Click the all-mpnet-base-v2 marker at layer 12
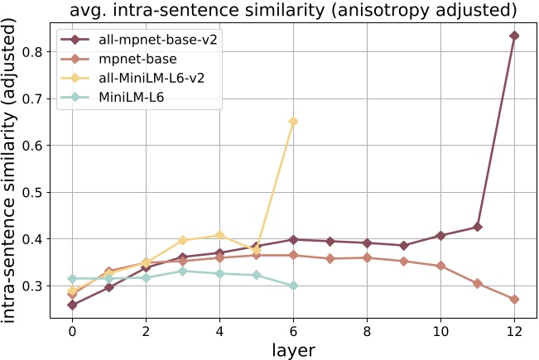514,36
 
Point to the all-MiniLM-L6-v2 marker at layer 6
293,122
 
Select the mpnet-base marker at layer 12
514,300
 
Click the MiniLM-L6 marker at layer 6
293,286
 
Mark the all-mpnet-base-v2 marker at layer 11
478,227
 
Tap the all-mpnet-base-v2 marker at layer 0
72,305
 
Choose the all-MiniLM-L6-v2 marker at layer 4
219,235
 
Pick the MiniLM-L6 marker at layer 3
183,271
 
